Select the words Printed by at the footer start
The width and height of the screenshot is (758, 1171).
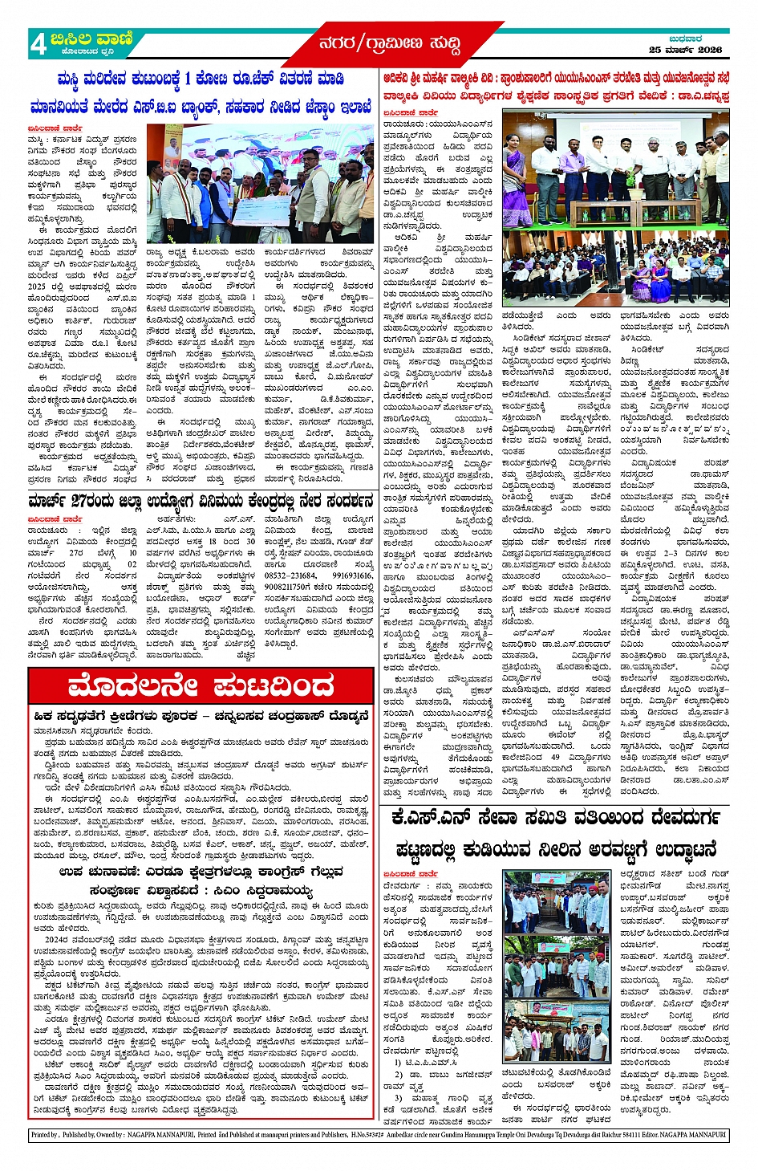pos(45,1135)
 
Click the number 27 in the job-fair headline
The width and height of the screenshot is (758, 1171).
pos(79,502)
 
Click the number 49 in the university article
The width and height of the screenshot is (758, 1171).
pos(555,758)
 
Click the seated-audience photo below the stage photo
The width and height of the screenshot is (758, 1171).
pos(615,270)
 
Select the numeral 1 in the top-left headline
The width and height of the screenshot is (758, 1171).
pos(188,79)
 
